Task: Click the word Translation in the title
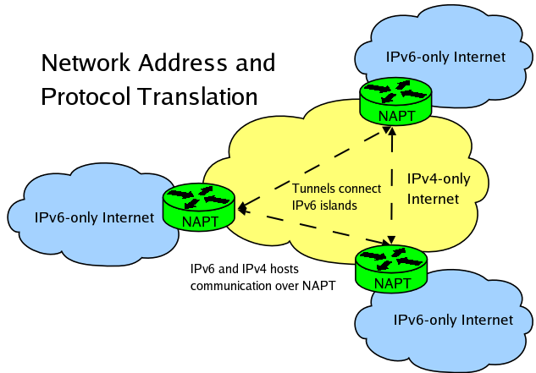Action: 204,96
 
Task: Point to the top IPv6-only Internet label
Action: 445,58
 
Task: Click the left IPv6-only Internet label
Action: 94,217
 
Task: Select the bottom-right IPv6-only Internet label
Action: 453,320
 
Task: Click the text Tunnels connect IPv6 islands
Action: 336,196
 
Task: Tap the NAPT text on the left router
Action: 200,222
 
